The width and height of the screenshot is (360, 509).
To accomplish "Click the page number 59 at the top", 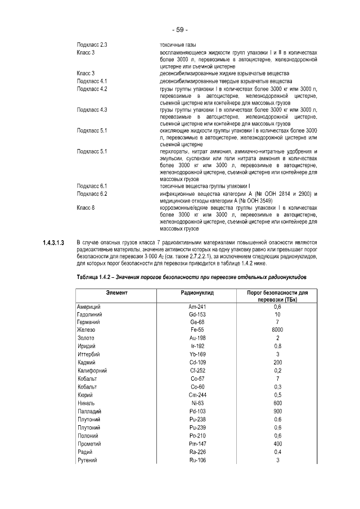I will point(180,29).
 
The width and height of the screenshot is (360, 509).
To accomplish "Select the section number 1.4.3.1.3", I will point(55,242).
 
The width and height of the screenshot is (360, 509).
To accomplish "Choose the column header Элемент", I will point(116,294).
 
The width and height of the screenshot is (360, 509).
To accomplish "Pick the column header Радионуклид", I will point(196,294).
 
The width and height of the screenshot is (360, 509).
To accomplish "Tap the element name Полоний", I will point(88,436).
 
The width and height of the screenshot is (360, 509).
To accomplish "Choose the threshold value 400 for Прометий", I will point(277,444).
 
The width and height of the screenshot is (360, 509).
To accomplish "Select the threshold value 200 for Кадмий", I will point(277,363).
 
